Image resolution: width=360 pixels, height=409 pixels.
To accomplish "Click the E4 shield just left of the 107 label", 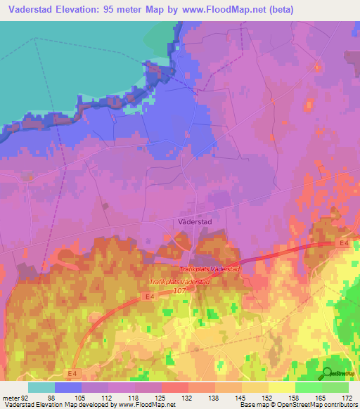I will [150, 297].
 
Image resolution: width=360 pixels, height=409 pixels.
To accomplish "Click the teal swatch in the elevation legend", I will [41, 387].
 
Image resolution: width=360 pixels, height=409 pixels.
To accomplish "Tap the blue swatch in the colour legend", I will [68, 387].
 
